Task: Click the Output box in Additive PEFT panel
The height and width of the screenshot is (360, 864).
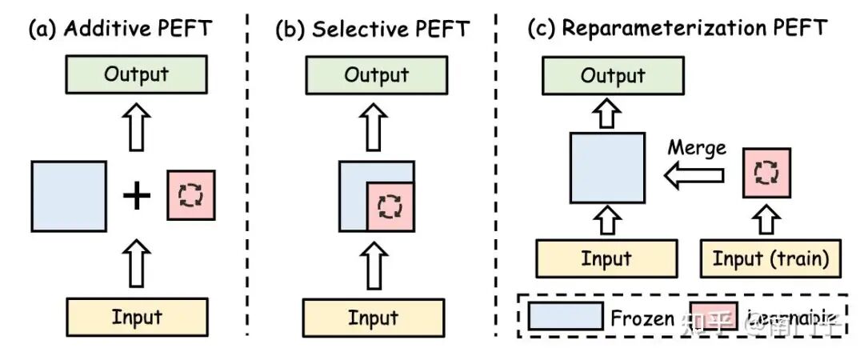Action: [x=137, y=75]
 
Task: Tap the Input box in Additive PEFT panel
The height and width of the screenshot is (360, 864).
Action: [x=137, y=317]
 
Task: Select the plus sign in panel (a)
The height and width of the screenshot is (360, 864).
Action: [x=137, y=196]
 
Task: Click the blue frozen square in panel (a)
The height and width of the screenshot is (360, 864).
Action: [x=68, y=196]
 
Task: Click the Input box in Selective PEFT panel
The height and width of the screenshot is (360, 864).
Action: [x=373, y=318]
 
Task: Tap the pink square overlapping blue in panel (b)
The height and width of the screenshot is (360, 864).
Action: [x=390, y=206]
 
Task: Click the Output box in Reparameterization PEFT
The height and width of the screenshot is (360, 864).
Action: [x=613, y=76]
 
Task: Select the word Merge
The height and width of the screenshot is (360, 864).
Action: [x=697, y=148]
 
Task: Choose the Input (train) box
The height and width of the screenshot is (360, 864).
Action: [x=770, y=259]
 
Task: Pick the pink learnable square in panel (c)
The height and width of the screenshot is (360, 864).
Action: [x=767, y=173]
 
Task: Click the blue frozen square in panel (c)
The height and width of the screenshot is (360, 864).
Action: [x=607, y=168]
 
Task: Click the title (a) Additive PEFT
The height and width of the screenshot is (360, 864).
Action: [x=120, y=30]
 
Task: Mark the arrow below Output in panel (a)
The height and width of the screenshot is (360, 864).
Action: [x=137, y=128]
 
